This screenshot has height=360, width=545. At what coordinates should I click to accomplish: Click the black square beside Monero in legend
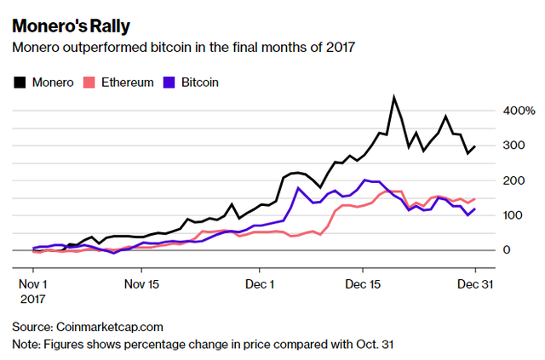click(x=20, y=83)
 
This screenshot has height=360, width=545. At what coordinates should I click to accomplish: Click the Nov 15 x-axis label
click(x=141, y=283)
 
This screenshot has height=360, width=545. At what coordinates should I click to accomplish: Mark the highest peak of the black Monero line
click(x=393, y=97)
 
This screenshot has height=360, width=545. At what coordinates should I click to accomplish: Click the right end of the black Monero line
click(x=474, y=146)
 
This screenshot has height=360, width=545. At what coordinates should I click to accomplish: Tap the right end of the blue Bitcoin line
click(x=474, y=209)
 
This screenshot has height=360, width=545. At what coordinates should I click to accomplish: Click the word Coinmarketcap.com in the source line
click(x=110, y=326)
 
